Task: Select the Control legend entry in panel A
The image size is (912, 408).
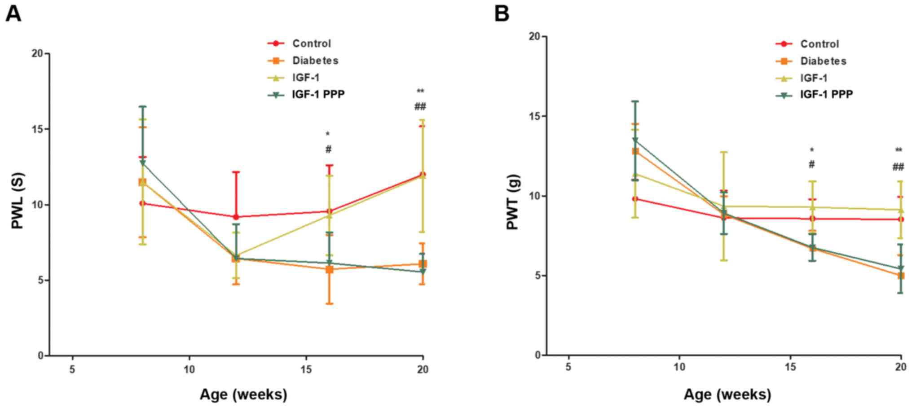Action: (x=311, y=44)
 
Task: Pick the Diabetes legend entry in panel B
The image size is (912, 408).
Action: (x=823, y=61)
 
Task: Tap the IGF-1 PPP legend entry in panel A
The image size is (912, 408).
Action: (x=318, y=94)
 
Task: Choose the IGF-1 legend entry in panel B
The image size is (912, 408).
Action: (x=813, y=78)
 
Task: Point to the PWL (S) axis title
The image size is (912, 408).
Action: (x=18, y=201)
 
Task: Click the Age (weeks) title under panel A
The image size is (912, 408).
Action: (x=243, y=395)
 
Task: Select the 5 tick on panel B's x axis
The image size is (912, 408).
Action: (x=568, y=367)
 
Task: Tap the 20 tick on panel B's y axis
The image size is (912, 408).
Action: (x=534, y=36)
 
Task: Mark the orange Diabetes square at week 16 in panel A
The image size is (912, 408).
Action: (x=329, y=269)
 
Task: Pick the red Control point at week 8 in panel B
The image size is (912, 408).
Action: (x=635, y=199)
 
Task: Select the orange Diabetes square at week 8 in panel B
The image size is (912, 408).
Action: (x=635, y=151)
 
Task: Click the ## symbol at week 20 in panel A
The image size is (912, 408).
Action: (x=420, y=107)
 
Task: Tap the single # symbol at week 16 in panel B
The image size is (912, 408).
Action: (x=811, y=165)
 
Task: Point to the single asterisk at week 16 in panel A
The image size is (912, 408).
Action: (x=328, y=134)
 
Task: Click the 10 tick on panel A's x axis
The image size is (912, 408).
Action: (x=189, y=369)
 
